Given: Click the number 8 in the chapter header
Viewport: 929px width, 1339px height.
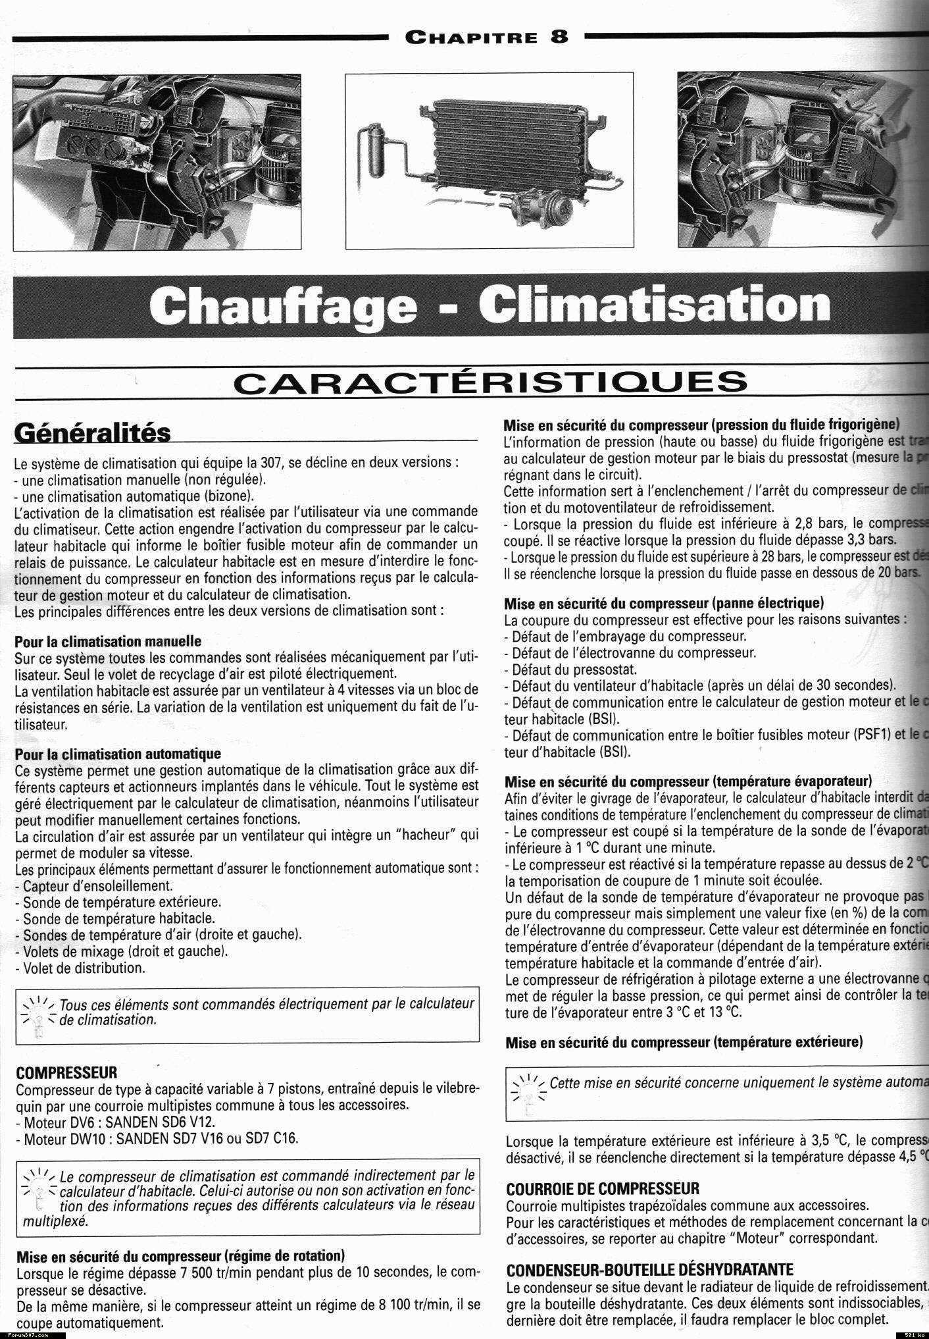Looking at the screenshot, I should click(x=559, y=36).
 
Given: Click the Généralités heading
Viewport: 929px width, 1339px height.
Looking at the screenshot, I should click(x=92, y=433).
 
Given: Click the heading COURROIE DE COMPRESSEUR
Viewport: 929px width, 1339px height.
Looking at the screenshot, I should click(x=603, y=1189).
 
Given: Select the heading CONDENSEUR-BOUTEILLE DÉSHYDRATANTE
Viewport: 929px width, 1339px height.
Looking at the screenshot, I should click(x=650, y=1269).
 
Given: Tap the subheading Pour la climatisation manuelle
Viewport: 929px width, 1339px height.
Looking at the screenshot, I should click(x=108, y=641).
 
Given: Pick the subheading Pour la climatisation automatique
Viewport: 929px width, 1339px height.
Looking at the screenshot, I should click(x=118, y=753).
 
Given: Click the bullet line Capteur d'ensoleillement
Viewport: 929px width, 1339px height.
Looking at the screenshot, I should click(x=97, y=885).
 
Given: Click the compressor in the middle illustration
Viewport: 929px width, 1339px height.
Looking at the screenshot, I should click(x=541, y=210).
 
